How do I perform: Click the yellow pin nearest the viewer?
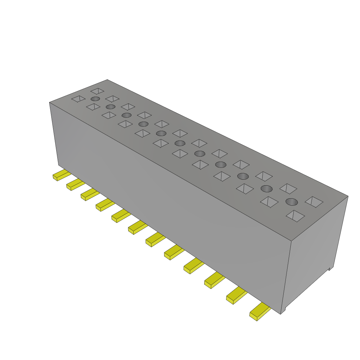click(x=259, y=312)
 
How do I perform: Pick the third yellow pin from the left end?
click(x=89, y=194)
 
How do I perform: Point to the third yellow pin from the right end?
click(x=214, y=280)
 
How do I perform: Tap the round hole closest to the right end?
click(x=291, y=202)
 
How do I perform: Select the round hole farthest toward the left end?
click(x=95, y=99)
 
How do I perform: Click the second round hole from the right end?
click(x=266, y=189)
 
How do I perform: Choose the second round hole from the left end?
click(x=110, y=107)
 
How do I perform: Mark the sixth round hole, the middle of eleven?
click(x=180, y=143)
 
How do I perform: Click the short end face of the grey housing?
click(x=315, y=253)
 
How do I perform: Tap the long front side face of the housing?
click(x=169, y=204)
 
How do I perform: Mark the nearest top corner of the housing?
click(x=291, y=241)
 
